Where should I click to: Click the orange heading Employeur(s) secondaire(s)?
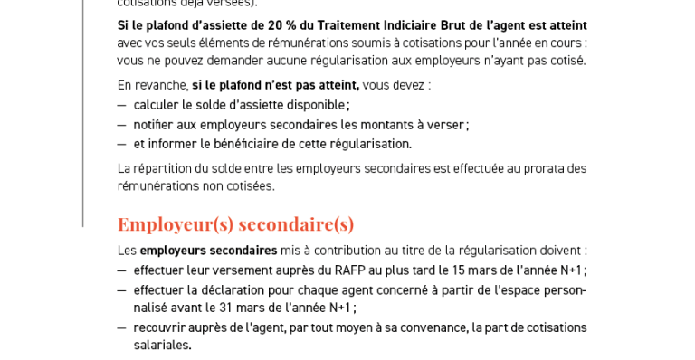pos(235,223)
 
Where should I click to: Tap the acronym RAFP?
pos(349,270)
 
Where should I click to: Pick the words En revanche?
pos(152,85)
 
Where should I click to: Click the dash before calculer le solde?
pos(121,105)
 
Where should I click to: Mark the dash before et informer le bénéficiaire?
pos(121,144)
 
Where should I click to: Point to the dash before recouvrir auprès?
pos(121,327)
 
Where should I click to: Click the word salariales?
pos(162,345)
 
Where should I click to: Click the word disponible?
pos(315,105)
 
